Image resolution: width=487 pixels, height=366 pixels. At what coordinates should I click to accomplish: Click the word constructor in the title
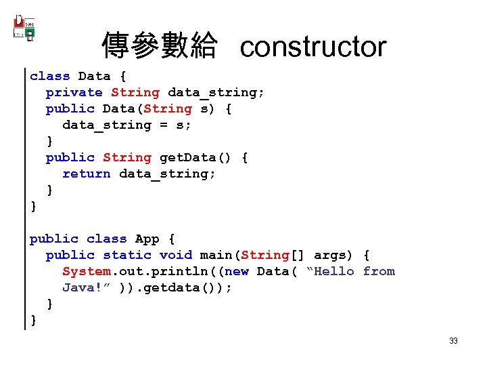pos(313,47)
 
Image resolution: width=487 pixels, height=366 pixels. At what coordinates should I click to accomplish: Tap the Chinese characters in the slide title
pos(160,47)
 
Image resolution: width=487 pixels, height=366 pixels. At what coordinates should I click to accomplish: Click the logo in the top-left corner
pos(24,28)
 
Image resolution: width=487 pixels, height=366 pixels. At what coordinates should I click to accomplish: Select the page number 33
pos(453,340)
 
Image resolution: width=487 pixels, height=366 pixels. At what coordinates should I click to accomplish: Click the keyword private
pos(74,92)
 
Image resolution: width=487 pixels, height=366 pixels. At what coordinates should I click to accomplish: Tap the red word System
pos(86,271)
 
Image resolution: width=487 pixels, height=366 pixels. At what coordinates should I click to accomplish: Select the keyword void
pos(175,255)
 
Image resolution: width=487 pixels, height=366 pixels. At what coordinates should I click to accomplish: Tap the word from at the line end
pos(379,271)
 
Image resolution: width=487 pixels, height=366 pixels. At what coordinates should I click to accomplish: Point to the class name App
pos(147,239)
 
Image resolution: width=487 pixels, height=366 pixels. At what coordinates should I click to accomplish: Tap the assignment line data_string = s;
pos(126,125)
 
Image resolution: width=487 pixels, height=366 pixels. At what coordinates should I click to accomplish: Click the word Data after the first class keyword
pos(94,76)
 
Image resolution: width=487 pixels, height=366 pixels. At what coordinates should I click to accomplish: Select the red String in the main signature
pos(265,255)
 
